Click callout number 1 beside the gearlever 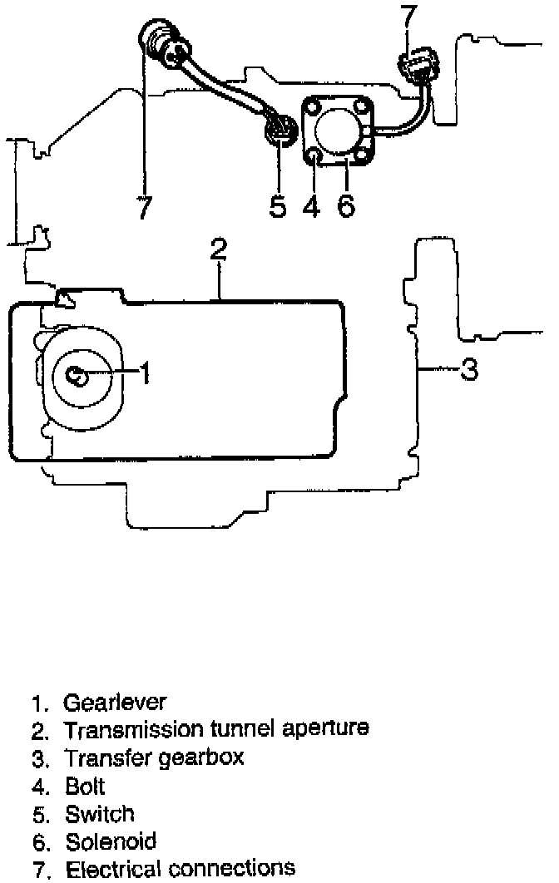[144, 374]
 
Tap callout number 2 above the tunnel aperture [218, 250]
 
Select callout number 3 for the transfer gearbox [470, 368]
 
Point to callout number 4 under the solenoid [311, 205]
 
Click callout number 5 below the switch [278, 205]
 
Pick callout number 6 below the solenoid [346, 205]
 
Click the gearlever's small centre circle [77, 376]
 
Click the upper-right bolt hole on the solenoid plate [361, 106]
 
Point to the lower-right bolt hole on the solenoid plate [364, 155]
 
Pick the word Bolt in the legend [85, 786]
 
